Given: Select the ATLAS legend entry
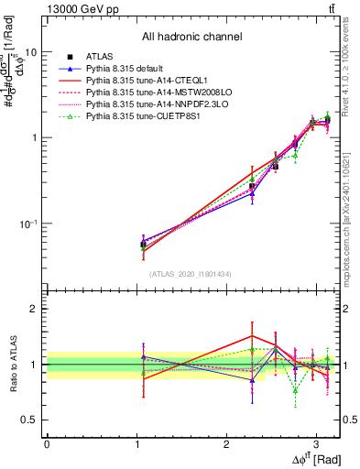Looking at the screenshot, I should pyautogui.click(x=100, y=57).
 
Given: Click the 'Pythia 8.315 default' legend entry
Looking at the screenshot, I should pyautogui.click(x=129, y=70).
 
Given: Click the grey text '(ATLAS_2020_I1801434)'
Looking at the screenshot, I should pyautogui.click(x=191, y=274).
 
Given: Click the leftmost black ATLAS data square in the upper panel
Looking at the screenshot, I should pyautogui.click(x=143, y=245).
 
